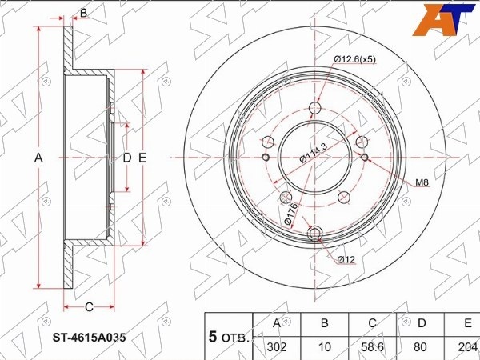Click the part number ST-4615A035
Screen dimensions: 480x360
(89, 338)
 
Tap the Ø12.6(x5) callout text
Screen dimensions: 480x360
(354, 59)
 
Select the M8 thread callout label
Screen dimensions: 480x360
(422, 182)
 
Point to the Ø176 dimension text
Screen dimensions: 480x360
(290, 214)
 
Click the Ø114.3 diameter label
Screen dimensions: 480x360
(313, 153)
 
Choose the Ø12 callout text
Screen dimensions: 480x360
(346, 259)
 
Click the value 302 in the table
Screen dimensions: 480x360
(277, 347)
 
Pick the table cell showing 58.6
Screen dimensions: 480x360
(373, 347)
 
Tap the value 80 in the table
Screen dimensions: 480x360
(420, 347)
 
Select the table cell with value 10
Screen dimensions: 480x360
(325, 347)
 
